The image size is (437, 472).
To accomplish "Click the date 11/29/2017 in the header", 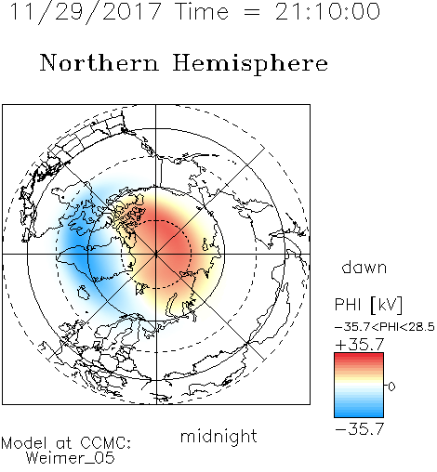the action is coord(86,12).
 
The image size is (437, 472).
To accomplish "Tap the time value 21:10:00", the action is coord(327,11).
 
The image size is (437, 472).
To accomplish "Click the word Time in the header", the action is coord(202,11).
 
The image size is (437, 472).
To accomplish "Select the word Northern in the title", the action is coord(99,62).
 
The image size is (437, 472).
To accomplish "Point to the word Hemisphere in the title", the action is coord(250,64).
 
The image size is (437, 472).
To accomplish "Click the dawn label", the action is coord(364,267).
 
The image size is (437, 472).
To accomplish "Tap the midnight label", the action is coord(218,436).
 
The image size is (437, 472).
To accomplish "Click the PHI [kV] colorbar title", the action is coord(368,305).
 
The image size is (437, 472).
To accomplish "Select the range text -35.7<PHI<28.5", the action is coord(385,327).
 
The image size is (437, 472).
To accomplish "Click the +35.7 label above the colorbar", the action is coord(360,344).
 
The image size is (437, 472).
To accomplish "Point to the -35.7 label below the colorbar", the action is coord(360,429).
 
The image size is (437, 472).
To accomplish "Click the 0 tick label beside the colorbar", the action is coord(391,387).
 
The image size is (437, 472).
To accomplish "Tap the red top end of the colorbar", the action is coord(359,355).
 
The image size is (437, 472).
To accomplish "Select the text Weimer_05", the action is coord(71,458).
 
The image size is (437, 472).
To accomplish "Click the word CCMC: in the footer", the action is coord(106,443).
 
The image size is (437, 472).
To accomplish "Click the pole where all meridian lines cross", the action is coord(156,254).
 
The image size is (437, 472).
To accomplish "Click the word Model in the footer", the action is coord(25,443).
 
